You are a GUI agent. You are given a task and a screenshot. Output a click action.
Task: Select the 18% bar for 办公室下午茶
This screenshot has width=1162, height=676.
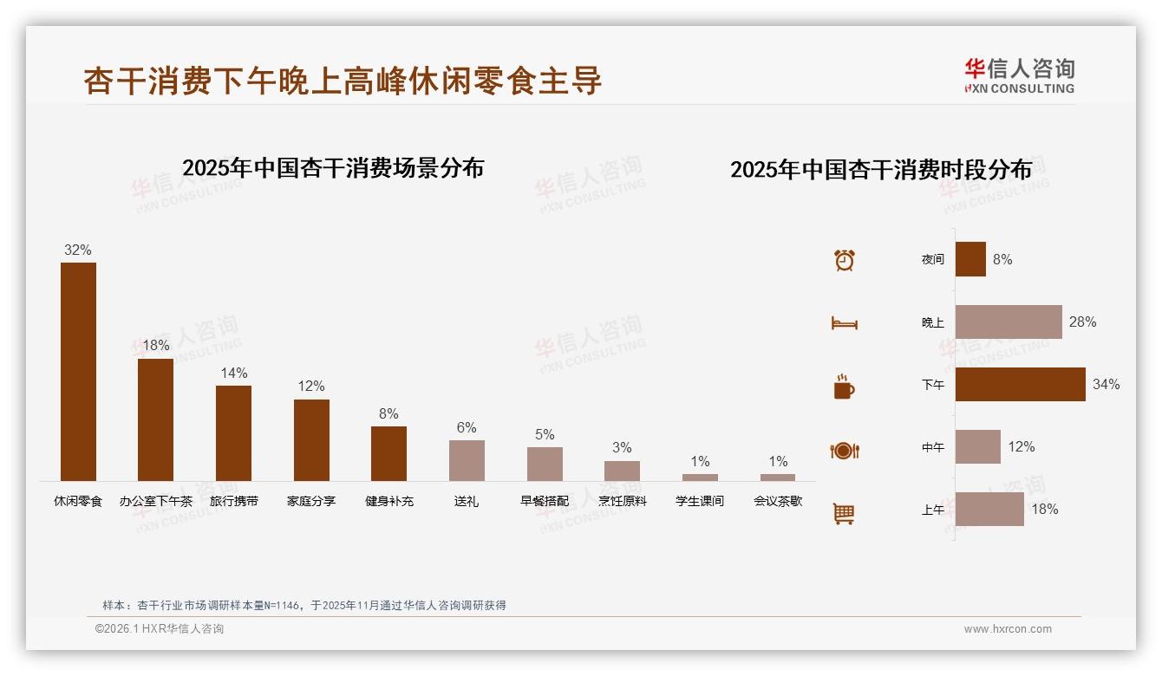[x=156, y=419]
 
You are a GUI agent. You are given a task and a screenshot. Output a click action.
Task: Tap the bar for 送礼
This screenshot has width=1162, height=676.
[x=467, y=460]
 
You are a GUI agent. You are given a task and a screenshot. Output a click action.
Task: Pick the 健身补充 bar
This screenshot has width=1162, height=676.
[x=388, y=453]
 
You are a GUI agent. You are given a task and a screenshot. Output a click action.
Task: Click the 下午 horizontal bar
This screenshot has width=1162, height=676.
[x=1020, y=384]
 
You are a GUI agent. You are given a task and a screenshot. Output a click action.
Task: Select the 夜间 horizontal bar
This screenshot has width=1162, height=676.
[x=970, y=259]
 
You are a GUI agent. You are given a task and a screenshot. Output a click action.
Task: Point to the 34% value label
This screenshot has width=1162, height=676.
[x=1106, y=384]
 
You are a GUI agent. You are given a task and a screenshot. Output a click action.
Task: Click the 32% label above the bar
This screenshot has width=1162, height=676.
[x=77, y=250]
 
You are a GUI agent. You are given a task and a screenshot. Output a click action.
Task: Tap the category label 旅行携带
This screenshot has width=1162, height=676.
[x=233, y=501]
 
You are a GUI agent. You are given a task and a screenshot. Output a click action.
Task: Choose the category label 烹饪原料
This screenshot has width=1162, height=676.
[x=622, y=501]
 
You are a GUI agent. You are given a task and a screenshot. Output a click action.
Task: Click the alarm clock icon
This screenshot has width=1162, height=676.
[x=844, y=260]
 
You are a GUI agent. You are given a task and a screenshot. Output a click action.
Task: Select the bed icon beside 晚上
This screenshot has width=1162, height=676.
[x=844, y=323]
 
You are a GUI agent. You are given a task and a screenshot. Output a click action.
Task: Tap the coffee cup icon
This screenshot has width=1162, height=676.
[x=844, y=387]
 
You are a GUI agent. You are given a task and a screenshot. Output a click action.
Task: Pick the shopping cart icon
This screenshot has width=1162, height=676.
[x=844, y=513]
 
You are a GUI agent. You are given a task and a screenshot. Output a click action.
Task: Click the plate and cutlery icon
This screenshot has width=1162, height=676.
[x=844, y=451]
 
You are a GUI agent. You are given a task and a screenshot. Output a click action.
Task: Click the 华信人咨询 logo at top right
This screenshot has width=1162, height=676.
[x=1019, y=75]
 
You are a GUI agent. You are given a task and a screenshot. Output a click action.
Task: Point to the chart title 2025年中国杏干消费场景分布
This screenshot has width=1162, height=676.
[x=333, y=167]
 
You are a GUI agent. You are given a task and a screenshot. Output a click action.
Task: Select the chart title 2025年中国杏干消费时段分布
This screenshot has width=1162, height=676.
[x=880, y=169]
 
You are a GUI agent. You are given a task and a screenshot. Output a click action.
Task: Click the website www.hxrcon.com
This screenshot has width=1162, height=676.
[x=1008, y=629]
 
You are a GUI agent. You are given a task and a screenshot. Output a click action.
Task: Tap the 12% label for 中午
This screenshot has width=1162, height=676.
[x=1021, y=446]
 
